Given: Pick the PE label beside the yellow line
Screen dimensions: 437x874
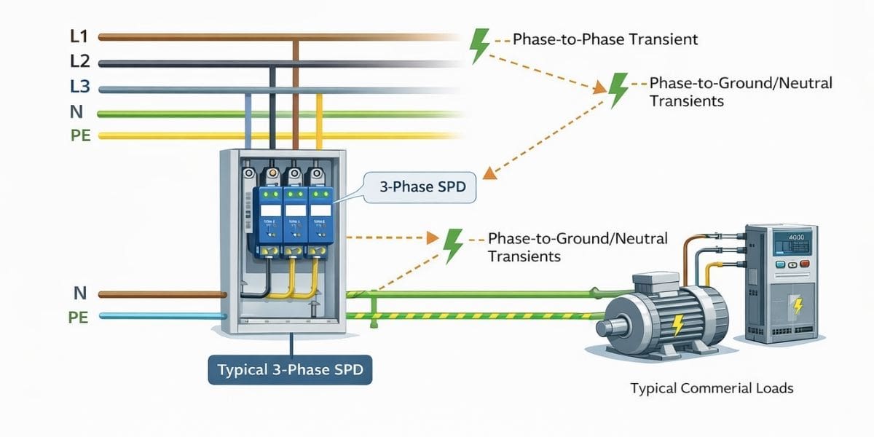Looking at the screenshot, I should tap(80, 135).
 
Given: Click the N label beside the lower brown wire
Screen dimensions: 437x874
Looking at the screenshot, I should tap(81, 294).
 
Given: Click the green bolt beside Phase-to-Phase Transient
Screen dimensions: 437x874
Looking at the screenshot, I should tap(479, 45).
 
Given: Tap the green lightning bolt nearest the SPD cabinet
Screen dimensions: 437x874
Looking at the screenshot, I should tap(453, 245).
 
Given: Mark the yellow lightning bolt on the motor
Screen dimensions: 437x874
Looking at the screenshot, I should tap(677, 323).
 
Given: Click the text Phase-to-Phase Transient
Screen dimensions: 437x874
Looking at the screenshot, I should tap(605, 39).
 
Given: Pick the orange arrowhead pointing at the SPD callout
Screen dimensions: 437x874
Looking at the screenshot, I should tap(491, 173).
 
